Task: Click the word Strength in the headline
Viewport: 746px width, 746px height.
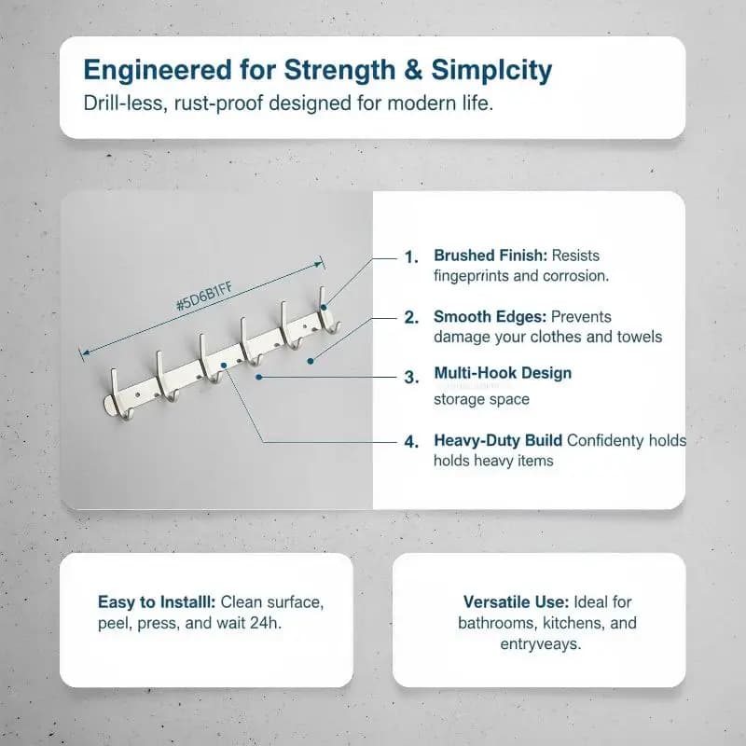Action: tap(339, 70)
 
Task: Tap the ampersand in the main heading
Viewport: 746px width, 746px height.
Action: tap(413, 69)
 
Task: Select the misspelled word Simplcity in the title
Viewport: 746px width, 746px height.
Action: tap(491, 71)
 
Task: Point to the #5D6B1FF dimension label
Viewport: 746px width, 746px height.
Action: tap(204, 296)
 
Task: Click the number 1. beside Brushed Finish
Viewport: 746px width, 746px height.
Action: tap(411, 257)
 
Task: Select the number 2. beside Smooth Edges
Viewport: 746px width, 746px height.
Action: tap(411, 317)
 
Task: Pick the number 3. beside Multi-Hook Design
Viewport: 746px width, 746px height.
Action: tap(411, 378)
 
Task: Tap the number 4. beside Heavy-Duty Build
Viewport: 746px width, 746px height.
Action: tap(411, 442)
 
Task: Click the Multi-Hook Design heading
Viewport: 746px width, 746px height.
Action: tap(503, 373)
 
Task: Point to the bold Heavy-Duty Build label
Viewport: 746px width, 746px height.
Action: tap(498, 441)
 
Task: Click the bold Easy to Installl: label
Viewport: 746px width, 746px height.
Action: tap(157, 602)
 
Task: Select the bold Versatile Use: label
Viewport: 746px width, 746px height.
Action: tap(517, 602)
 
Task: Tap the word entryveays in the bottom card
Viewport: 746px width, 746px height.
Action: tap(541, 644)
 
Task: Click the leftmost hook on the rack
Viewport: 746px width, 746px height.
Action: tap(115, 394)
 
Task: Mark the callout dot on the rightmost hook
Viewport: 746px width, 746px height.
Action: tap(324, 308)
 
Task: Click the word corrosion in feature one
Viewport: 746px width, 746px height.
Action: tap(575, 276)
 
